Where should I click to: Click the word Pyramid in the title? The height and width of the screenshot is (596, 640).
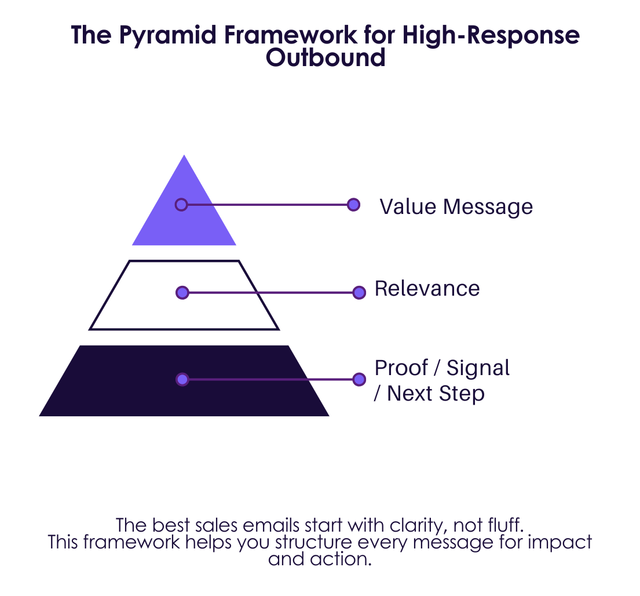tap(168, 35)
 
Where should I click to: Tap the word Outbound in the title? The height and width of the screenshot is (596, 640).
tap(326, 57)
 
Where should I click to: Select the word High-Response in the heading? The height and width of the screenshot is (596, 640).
tap(491, 35)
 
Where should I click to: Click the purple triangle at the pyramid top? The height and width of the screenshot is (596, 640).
tap(184, 200)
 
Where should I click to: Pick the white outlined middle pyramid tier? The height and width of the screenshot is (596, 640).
tap(184, 295)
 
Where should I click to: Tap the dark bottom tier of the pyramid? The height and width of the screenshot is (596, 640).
tap(184, 381)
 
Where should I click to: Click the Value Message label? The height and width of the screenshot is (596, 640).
tap(456, 207)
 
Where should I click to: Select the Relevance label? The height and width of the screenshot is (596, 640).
tap(427, 288)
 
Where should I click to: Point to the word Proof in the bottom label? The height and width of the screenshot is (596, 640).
tap(401, 368)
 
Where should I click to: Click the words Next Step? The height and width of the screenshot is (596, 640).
tap(436, 394)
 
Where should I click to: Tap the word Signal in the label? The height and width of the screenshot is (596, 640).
tap(478, 369)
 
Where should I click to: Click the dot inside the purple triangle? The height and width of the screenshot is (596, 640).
tap(181, 205)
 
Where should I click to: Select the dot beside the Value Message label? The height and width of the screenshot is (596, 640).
tap(353, 205)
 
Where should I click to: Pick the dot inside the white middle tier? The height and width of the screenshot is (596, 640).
tap(182, 292)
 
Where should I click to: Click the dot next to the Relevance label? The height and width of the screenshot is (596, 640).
tap(359, 292)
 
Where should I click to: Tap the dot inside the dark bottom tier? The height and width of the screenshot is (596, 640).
tap(182, 380)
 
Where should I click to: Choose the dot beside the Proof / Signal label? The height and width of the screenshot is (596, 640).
tap(359, 380)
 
